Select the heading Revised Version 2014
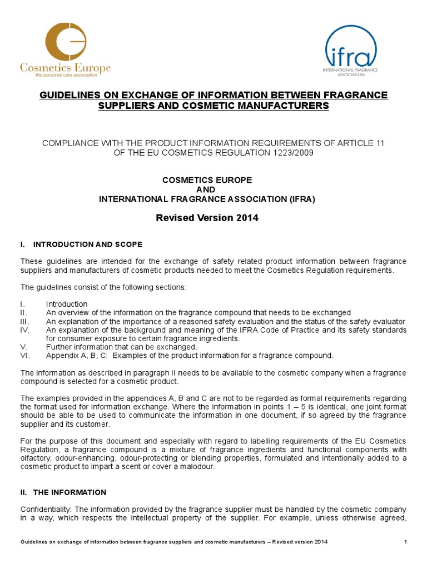(207, 218)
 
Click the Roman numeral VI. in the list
(24, 356)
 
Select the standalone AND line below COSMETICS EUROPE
(207, 189)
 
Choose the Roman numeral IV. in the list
(26, 330)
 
